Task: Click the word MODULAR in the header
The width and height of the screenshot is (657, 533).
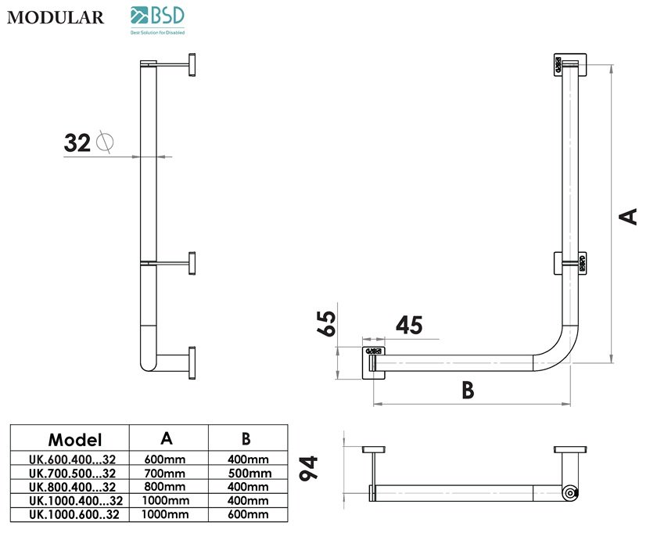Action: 55,17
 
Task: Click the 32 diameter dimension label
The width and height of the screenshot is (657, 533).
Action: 77,142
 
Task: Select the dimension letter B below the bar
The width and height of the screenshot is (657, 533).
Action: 467,390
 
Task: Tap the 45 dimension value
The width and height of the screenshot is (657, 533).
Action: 410,324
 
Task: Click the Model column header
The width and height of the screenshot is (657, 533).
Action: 75,438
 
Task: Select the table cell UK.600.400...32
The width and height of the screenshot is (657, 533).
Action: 72,459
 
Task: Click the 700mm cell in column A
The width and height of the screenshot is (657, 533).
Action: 166,473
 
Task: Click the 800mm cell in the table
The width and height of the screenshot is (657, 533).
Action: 166,487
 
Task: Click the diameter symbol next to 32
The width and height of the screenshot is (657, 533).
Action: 104,142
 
